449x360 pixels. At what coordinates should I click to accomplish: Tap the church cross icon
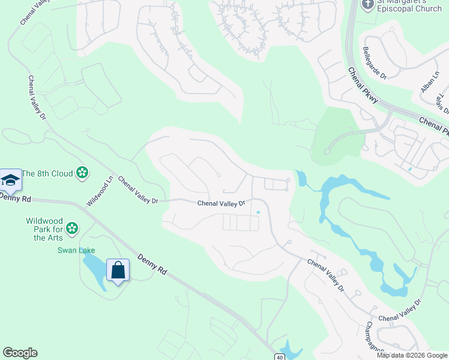click(367, 5)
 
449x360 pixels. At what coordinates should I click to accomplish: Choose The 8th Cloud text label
click(47, 174)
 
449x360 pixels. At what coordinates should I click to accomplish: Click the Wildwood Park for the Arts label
click(45, 229)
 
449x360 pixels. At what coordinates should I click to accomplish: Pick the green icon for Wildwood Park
click(72, 228)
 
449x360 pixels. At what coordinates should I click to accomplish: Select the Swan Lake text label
click(76, 250)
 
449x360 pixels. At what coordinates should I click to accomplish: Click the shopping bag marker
click(118, 271)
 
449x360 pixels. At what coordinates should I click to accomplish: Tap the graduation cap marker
click(10, 180)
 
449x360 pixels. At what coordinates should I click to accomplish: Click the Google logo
click(20, 353)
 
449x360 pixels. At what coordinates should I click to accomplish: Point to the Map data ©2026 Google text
click(412, 355)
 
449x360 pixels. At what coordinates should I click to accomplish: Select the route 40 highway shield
click(280, 357)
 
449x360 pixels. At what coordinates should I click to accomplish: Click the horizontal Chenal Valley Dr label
click(222, 203)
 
